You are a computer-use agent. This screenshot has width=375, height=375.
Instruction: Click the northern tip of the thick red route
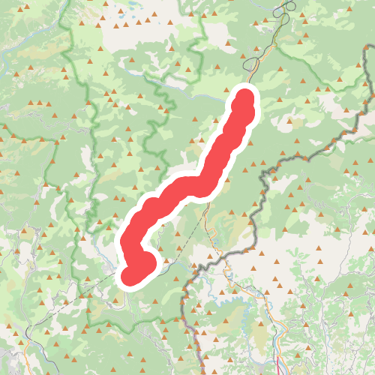point(245,97)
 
